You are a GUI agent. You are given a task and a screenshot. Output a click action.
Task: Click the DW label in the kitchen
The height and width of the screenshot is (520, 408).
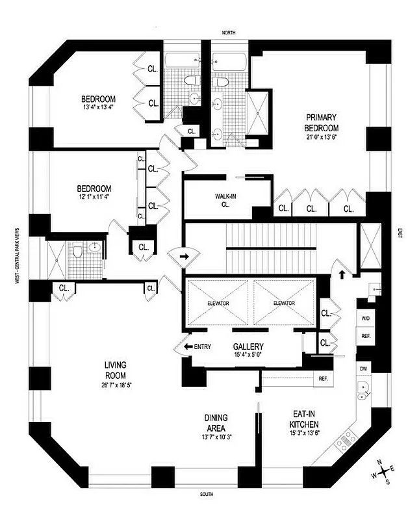[x=363, y=369]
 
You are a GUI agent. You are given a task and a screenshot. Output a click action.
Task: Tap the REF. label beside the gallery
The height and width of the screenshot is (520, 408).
[x=323, y=378]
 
